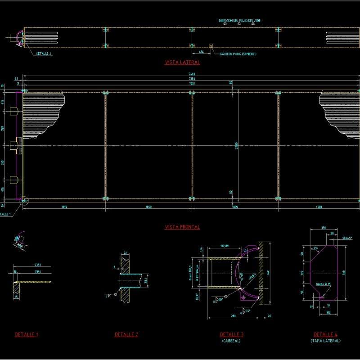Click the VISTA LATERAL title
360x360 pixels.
[182, 63]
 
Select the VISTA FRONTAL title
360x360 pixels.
[182, 227]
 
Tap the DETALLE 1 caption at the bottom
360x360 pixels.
[26, 335]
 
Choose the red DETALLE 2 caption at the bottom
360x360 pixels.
[126, 335]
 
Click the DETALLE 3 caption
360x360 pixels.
[232, 335]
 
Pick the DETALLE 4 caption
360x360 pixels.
[325, 335]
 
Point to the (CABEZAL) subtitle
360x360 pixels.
[232, 341]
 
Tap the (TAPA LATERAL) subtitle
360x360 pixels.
[325, 341]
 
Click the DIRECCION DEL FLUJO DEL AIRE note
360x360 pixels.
[240, 21]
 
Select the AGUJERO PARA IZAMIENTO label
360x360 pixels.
[238, 54]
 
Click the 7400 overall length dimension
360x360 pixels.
[192, 73]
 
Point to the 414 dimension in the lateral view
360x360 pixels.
[201, 52]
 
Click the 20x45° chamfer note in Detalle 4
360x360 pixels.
[347, 238]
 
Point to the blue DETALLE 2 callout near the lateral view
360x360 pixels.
[44, 54]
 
